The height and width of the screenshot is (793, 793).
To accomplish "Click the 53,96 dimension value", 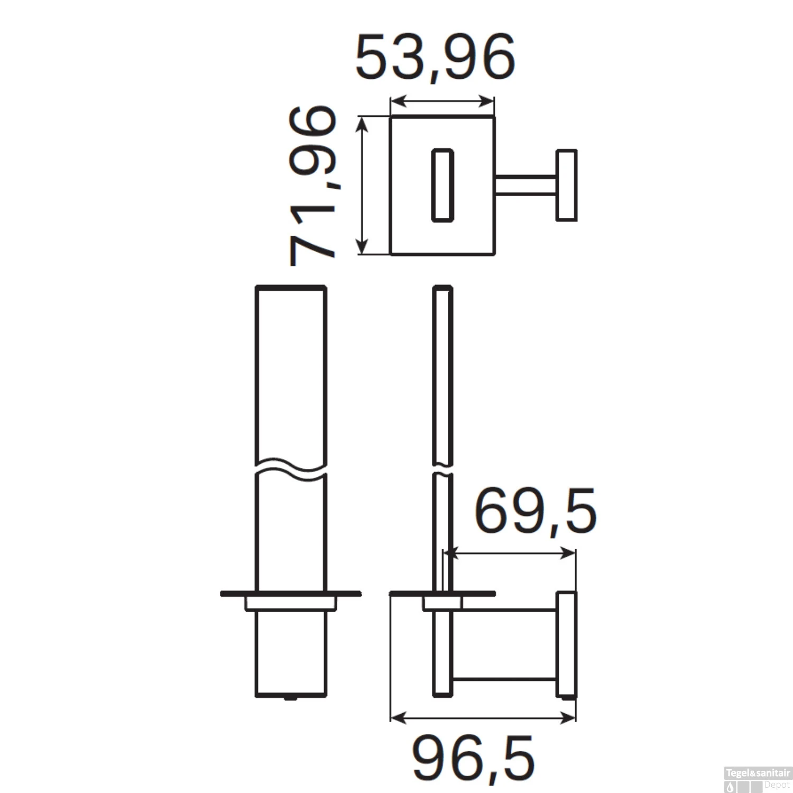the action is pos(435,58).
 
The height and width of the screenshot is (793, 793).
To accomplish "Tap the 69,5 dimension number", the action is pos(535,512).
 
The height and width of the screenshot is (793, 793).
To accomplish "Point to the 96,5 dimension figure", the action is pos(473,760).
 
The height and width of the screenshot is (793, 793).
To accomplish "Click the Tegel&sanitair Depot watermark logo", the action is pos(758,779).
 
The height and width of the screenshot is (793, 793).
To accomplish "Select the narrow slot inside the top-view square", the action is pos(442,185).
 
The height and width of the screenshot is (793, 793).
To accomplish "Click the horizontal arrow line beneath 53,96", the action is pos(442,100).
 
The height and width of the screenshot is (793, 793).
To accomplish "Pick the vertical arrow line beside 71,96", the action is pos(362,185).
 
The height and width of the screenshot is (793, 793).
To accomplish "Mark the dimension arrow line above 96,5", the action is pos(483,717).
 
